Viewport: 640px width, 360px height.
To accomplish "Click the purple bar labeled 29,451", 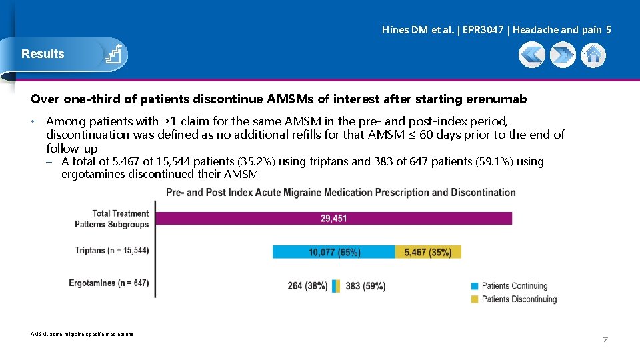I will click(333, 218).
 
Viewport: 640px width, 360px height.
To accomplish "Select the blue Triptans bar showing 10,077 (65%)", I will click(334, 252).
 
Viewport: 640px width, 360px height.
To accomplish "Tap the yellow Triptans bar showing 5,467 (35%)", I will click(427, 252).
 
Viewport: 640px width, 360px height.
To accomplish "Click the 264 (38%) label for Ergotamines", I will click(307, 286).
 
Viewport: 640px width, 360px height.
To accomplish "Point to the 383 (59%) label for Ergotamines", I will click(365, 286).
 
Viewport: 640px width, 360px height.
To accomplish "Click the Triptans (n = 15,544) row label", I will click(112, 251).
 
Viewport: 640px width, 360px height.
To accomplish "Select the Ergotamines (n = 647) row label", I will click(109, 283).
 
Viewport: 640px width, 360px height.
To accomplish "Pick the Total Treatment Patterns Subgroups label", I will click(112, 219).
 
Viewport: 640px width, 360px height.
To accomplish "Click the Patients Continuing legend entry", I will click(514, 286).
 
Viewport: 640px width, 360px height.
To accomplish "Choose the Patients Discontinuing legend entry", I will click(519, 299).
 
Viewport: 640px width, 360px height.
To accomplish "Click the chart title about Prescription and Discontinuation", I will click(341, 193).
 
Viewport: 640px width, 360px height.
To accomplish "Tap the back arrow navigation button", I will click(532, 55).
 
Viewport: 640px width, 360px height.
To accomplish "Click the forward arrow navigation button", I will click(563, 55).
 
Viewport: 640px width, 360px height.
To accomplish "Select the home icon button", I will click(593, 55).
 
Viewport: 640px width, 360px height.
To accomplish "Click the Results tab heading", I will click(43, 54).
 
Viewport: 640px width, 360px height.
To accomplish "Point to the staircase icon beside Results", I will click(113, 54).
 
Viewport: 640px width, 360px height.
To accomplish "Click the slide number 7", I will click(605, 340).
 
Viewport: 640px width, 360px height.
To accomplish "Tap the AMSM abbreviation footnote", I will click(82, 334).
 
